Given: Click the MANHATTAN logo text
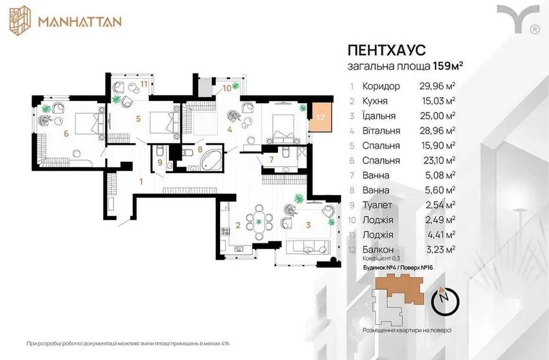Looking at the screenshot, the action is [80, 21].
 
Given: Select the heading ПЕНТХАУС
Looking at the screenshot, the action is [386, 50].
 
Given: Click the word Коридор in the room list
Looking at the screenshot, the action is [381, 86].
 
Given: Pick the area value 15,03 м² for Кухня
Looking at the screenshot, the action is [438, 101].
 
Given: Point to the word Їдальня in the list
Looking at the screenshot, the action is [379, 116].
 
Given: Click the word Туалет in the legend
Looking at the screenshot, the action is [378, 205].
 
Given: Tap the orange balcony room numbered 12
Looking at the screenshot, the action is [321, 117].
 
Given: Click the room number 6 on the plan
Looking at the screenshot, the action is [66, 133].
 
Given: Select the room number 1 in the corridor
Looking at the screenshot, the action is [141, 182].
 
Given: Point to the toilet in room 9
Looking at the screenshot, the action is [160, 151].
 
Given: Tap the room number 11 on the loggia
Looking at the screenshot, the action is [143, 84].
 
